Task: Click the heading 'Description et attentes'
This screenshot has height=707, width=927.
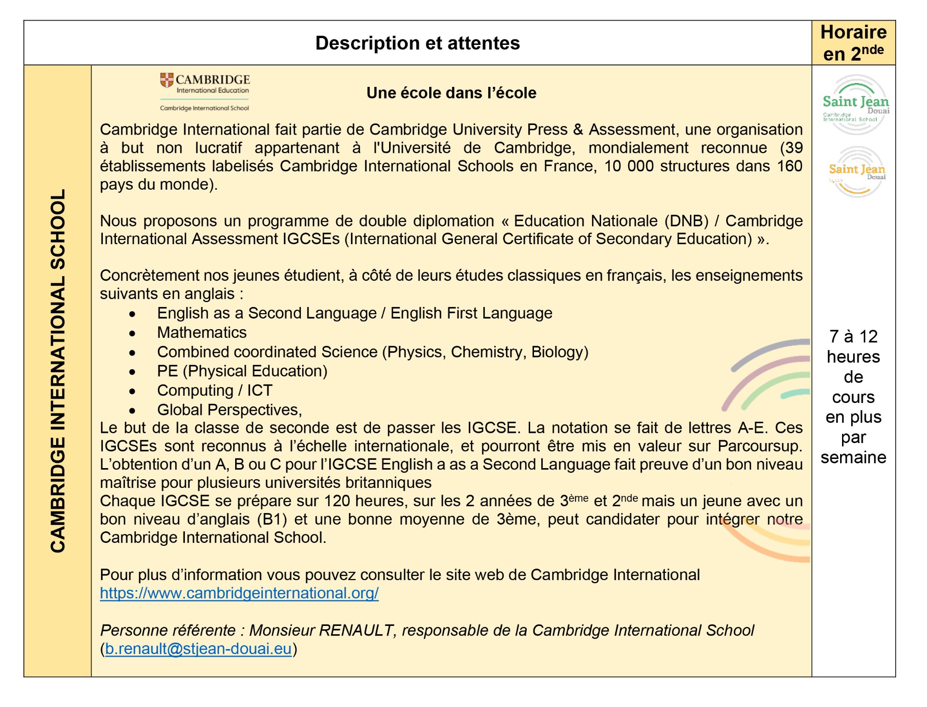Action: point(417,43)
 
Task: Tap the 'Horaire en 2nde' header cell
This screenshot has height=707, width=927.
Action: point(853,43)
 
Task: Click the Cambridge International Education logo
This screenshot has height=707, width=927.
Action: point(205,92)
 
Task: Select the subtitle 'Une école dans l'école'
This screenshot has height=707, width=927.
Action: point(451,93)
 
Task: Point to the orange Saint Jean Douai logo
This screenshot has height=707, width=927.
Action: point(857,172)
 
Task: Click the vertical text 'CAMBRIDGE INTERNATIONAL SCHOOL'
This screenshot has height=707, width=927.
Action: point(57,371)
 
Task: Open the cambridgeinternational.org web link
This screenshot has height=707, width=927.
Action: point(239,593)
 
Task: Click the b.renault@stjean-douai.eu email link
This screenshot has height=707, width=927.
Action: point(198,649)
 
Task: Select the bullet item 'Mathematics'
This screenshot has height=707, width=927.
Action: point(201,333)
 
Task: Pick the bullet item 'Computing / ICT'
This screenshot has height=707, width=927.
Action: point(214,390)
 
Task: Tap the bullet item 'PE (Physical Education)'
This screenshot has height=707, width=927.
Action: point(242,371)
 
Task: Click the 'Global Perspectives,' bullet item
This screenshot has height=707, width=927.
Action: point(229,410)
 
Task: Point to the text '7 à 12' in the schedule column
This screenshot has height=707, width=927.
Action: point(853,336)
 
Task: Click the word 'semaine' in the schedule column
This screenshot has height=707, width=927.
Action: point(853,457)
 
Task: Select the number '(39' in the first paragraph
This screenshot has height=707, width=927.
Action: point(791,148)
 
